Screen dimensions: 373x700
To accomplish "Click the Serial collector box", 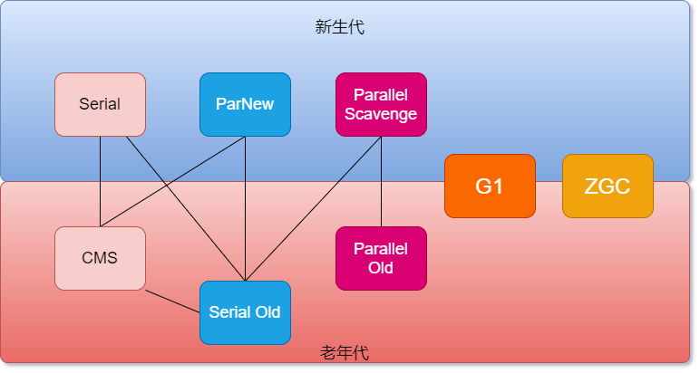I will pyautogui.click(x=100, y=104).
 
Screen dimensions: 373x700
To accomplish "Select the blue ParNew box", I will pyautogui.click(x=245, y=104).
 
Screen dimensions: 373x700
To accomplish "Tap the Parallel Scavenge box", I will pyautogui.click(x=381, y=104).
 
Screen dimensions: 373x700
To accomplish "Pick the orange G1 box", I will pyautogui.click(x=490, y=186).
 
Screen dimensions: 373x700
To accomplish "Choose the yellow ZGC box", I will pyautogui.click(x=608, y=186).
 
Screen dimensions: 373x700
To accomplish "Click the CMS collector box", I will pyautogui.click(x=100, y=258).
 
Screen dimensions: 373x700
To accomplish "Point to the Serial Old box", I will pyautogui.click(x=245, y=312).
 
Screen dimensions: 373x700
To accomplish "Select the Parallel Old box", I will pyautogui.click(x=381, y=258).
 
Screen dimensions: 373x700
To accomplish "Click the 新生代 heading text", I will pyautogui.click(x=340, y=27).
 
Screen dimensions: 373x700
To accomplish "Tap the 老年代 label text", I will pyautogui.click(x=345, y=353).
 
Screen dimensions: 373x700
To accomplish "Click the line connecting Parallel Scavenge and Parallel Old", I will pyautogui.click(x=381, y=181).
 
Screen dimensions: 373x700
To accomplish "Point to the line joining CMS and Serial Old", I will pyautogui.click(x=172, y=301).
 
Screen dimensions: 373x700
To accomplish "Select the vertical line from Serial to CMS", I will pyautogui.click(x=100, y=181).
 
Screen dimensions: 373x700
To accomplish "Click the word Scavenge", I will pyautogui.click(x=381, y=114).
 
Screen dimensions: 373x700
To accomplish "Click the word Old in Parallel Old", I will pyautogui.click(x=381, y=268).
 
